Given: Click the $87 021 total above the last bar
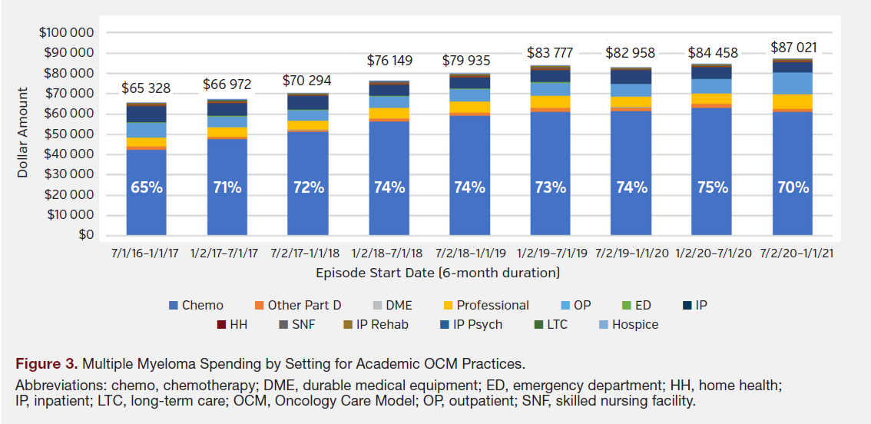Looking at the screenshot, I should click(x=793, y=48).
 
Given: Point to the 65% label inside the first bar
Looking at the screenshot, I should click(x=147, y=187).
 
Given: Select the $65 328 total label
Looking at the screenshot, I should click(x=146, y=88).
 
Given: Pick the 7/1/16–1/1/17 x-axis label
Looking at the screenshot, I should click(x=146, y=253).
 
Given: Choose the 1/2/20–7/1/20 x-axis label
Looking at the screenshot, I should click(x=712, y=253).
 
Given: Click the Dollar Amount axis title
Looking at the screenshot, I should click(x=23, y=133).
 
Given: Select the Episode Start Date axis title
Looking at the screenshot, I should click(x=437, y=273).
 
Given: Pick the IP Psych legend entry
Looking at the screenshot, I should click(x=477, y=324).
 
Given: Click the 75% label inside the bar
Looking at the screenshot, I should click(x=712, y=187).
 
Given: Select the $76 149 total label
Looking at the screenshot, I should click(x=389, y=60).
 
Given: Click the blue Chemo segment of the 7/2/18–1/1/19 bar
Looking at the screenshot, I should click(x=469, y=154).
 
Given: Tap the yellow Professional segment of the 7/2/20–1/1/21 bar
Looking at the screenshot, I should click(x=793, y=101).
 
